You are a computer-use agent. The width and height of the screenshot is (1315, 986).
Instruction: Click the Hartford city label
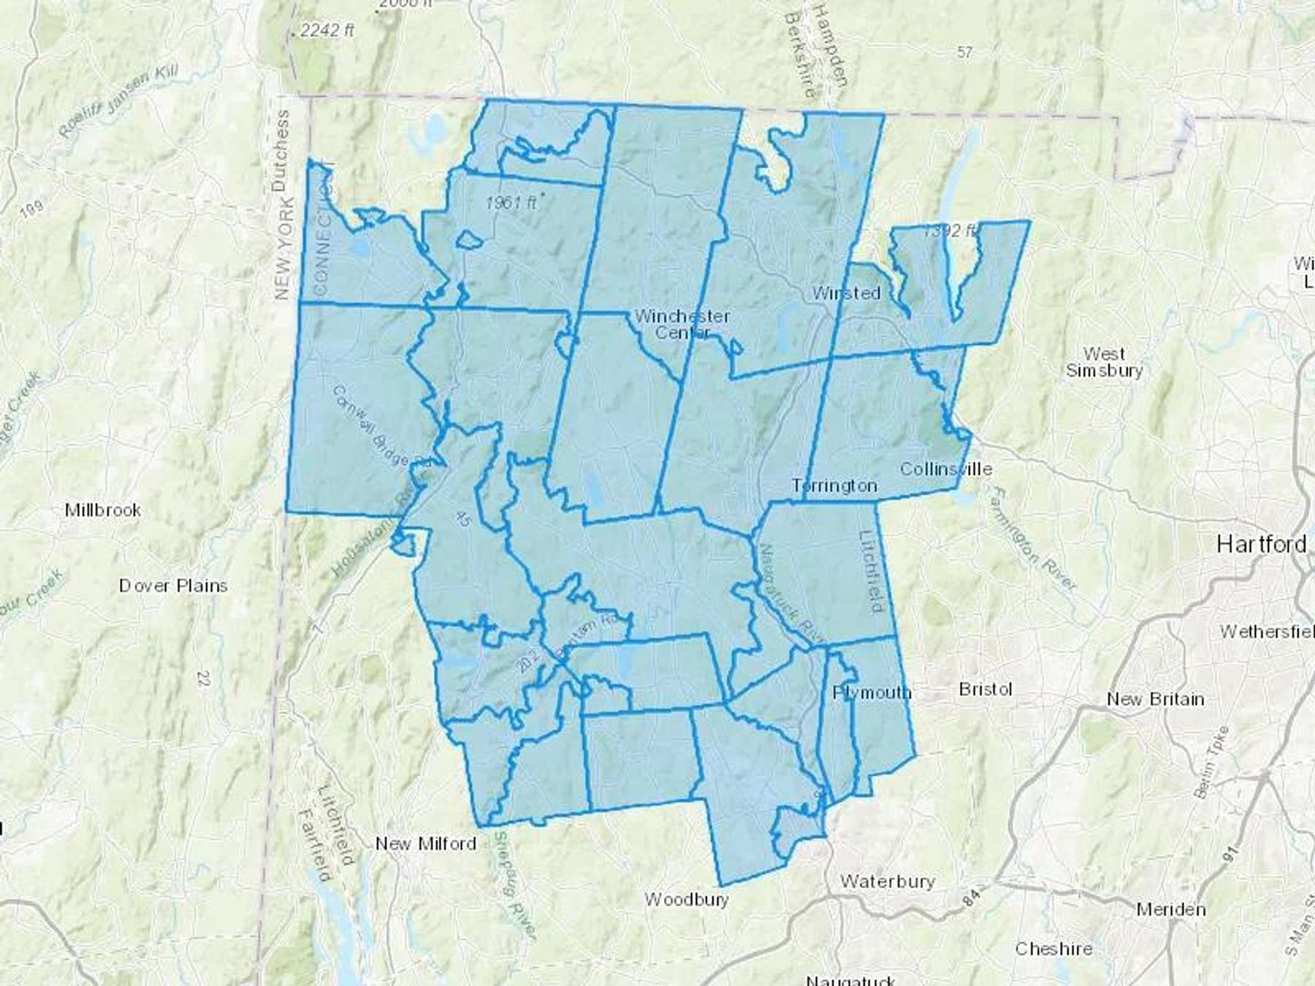point(1262,544)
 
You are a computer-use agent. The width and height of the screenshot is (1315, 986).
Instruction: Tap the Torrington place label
point(834,486)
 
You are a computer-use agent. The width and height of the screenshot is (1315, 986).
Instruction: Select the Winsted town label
point(846,293)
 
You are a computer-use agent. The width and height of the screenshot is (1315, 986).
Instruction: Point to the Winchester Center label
point(682,324)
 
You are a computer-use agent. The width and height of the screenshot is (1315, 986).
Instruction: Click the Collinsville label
point(946,469)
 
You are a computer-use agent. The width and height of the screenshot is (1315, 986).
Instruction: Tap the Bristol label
point(986,689)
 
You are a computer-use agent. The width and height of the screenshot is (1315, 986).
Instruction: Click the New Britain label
point(1155,699)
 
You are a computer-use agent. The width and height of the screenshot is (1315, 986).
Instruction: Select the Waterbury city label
point(887,881)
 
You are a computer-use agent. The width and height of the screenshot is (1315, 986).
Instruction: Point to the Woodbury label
point(687,899)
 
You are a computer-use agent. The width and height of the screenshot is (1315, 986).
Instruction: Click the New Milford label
point(425,844)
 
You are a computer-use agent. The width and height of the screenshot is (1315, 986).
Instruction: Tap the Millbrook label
point(103,510)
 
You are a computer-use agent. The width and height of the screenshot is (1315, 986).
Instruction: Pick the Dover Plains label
point(173,586)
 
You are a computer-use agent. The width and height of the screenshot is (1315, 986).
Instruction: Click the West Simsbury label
point(1104,362)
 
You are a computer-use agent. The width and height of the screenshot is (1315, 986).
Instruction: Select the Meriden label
point(1171,909)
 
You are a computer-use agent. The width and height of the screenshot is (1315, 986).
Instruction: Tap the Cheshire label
point(1053,949)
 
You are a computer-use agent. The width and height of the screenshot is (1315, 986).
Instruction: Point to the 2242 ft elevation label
point(327,30)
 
